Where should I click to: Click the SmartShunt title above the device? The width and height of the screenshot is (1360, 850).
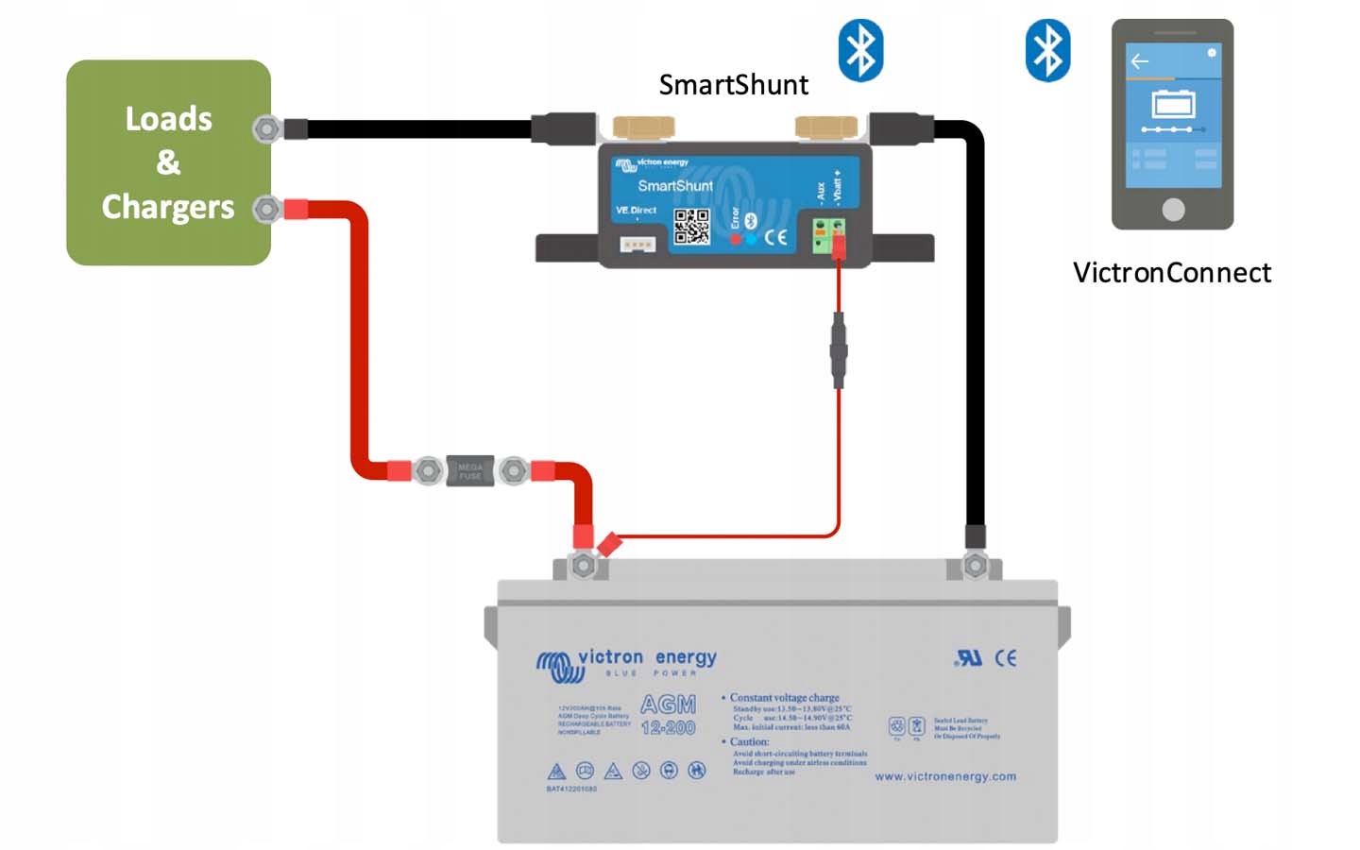[x=733, y=85]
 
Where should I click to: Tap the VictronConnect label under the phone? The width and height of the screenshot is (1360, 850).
[x=1171, y=273]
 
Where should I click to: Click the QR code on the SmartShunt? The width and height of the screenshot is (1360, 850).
[x=691, y=227]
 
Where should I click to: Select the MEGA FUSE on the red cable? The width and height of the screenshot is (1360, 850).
[x=470, y=469]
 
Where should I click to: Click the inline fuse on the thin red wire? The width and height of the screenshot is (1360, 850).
[x=838, y=352]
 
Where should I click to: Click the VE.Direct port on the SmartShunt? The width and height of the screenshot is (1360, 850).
[x=637, y=245]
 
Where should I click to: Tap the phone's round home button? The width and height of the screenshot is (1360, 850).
[x=1173, y=209]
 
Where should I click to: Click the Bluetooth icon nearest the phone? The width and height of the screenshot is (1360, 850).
[x=1047, y=50]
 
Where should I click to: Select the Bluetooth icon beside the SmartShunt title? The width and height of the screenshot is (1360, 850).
[x=860, y=50]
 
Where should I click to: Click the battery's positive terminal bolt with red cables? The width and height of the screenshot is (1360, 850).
[x=584, y=566]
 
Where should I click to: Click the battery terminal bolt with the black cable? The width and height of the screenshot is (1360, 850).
[x=975, y=566]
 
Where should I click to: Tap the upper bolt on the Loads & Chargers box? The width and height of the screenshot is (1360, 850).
[x=267, y=128]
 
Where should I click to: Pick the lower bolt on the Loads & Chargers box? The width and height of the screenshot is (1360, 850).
[x=267, y=209]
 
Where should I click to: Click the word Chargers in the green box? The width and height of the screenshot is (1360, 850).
[x=168, y=207]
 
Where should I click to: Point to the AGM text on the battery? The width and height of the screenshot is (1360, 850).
[x=668, y=705]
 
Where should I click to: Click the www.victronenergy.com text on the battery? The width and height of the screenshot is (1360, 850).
[x=945, y=776]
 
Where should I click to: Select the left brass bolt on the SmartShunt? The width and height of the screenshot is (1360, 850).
[x=643, y=127]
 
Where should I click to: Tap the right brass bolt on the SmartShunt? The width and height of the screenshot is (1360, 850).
[x=826, y=127]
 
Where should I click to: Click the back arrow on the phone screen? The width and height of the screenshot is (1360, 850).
[x=1140, y=61]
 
